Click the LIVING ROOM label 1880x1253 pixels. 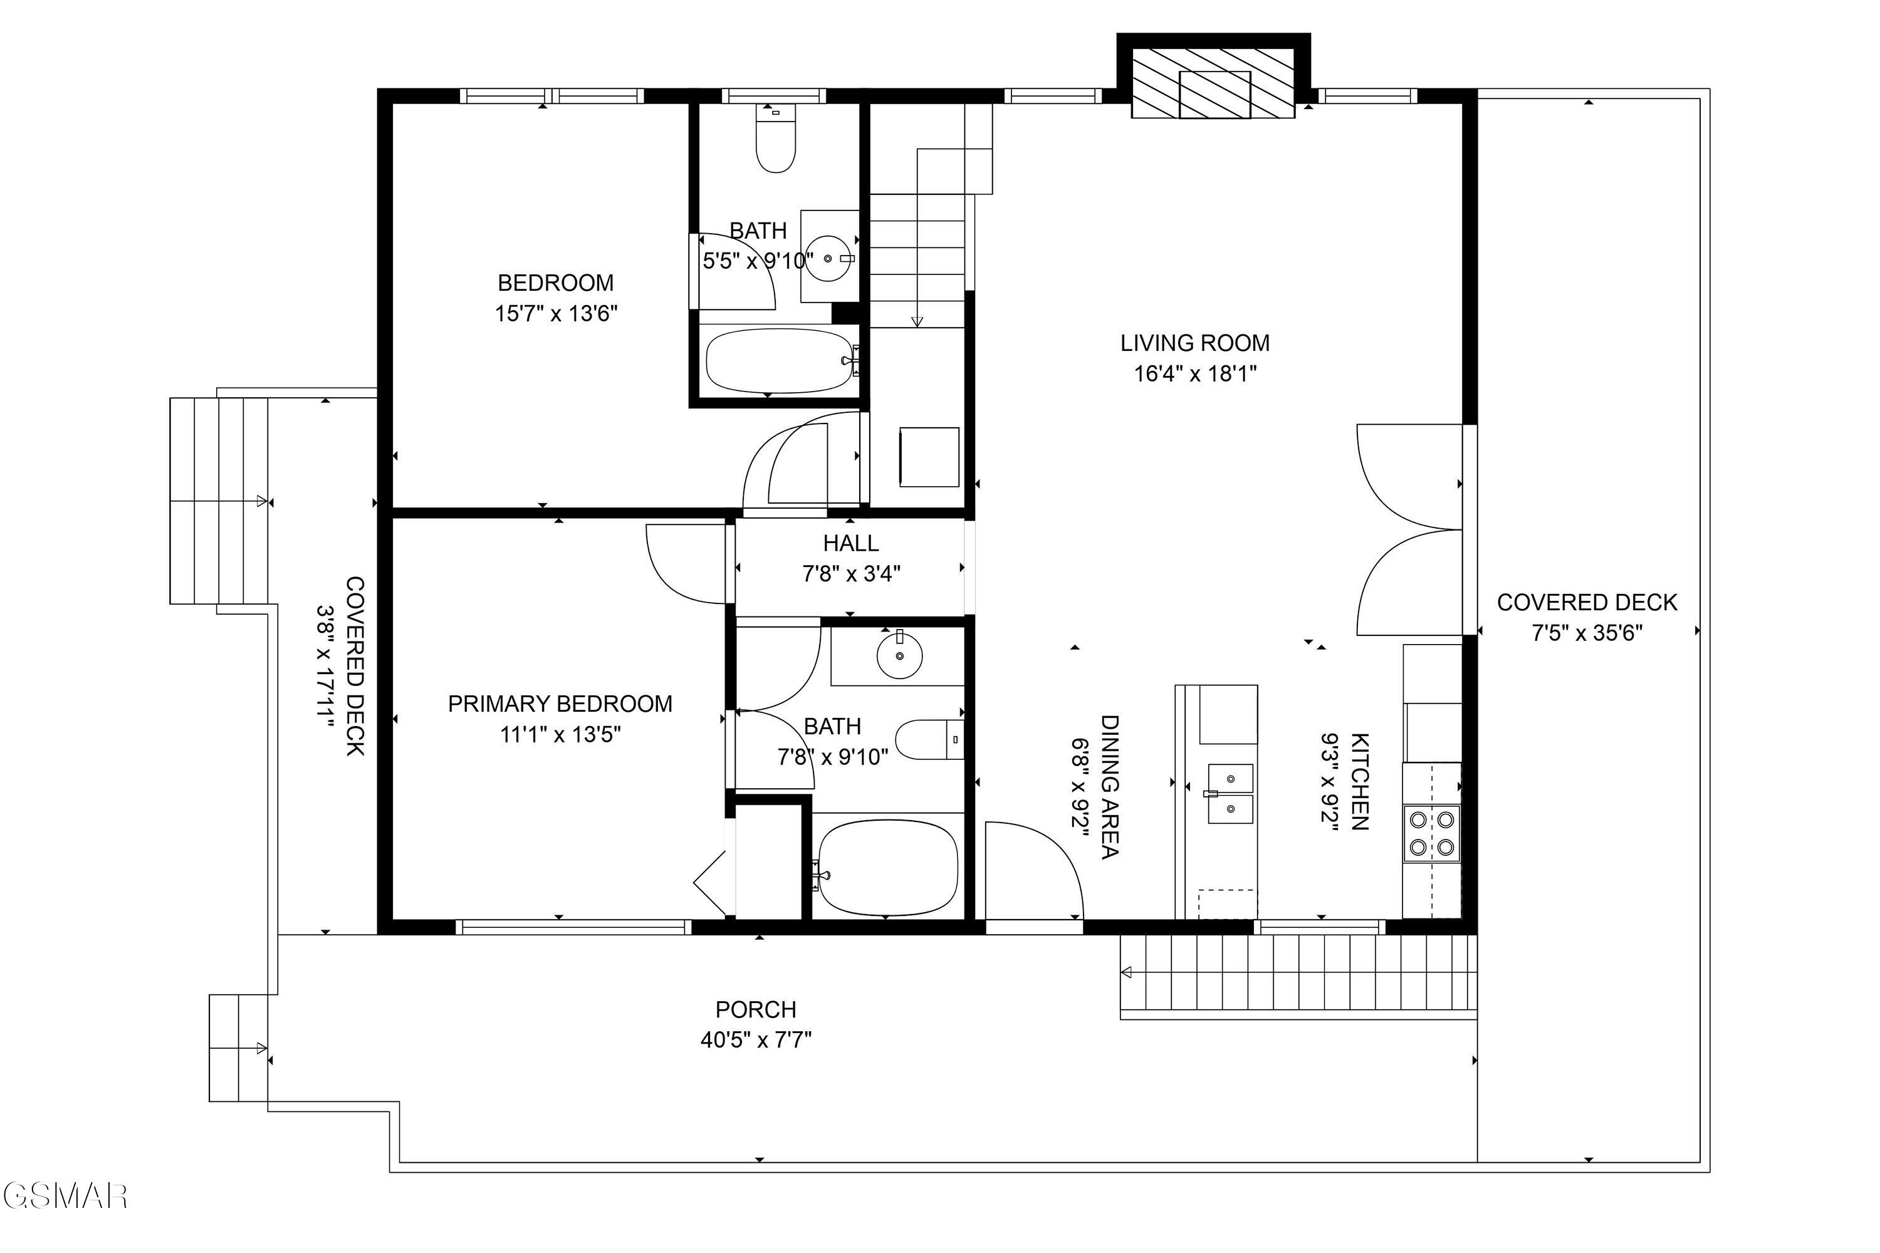[1194, 343]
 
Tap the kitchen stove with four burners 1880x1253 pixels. [1431, 833]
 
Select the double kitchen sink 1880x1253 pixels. [1230, 794]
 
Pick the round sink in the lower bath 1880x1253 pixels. [899, 655]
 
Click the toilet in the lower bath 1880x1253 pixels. [929, 739]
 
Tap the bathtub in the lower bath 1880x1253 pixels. [887, 867]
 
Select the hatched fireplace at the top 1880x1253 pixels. [1213, 83]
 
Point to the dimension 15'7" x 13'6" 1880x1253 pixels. [556, 313]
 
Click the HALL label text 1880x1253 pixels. [850, 543]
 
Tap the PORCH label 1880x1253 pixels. [755, 1009]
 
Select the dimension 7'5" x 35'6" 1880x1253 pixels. [1587, 633]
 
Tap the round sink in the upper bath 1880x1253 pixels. [828, 258]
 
